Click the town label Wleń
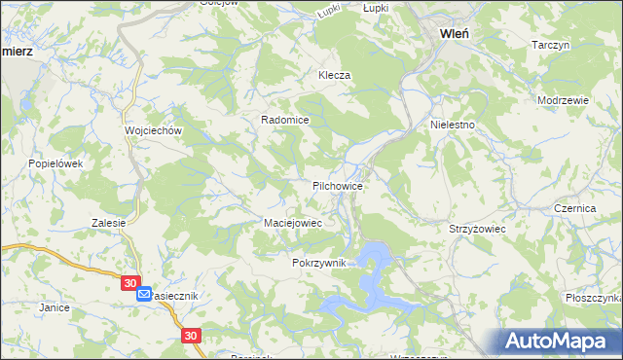click(x=456, y=32)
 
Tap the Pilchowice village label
click(x=338, y=185)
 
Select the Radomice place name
click(x=284, y=120)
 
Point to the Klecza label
click(x=334, y=75)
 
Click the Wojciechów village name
click(x=148, y=130)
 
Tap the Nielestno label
click(x=452, y=126)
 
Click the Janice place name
click(x=54, y=307)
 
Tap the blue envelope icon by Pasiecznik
click(x=144, y=294)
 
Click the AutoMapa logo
click(x=560, y=341)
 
